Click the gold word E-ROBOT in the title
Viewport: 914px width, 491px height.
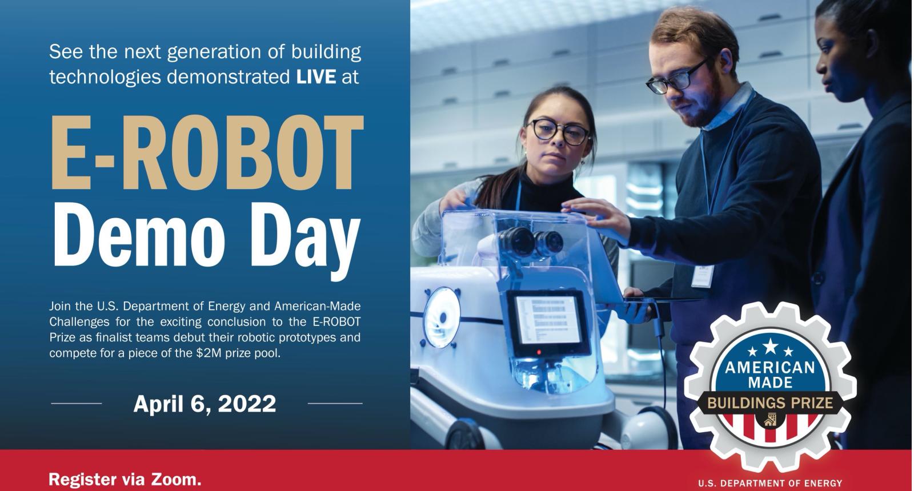(x=207, y=152)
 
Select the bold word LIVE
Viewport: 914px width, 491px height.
(x=316, y=77)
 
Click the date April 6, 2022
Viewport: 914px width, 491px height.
(x=205, y=404)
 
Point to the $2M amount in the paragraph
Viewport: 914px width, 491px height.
(x=209, y=353)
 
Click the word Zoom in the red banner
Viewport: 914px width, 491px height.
(x=176, y=479)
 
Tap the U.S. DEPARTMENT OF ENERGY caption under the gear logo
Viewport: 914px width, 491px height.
(x=770, y=484)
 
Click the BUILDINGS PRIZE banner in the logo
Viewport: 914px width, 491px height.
(x=770, y=403)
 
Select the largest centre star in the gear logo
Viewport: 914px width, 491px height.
(x=770, y=346)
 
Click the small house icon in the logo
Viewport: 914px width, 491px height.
(x=770, y=419)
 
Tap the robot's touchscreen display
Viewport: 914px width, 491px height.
(x=548, y=320)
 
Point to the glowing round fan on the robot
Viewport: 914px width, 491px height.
(x=442, y=317)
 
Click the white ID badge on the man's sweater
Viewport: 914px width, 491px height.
(x=702, y=276)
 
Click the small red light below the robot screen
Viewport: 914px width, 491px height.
(x=539, y=352)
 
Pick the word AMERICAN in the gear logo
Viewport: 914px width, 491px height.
(x=770, y=368)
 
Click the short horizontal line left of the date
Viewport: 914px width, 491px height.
(x=77, y=403)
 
